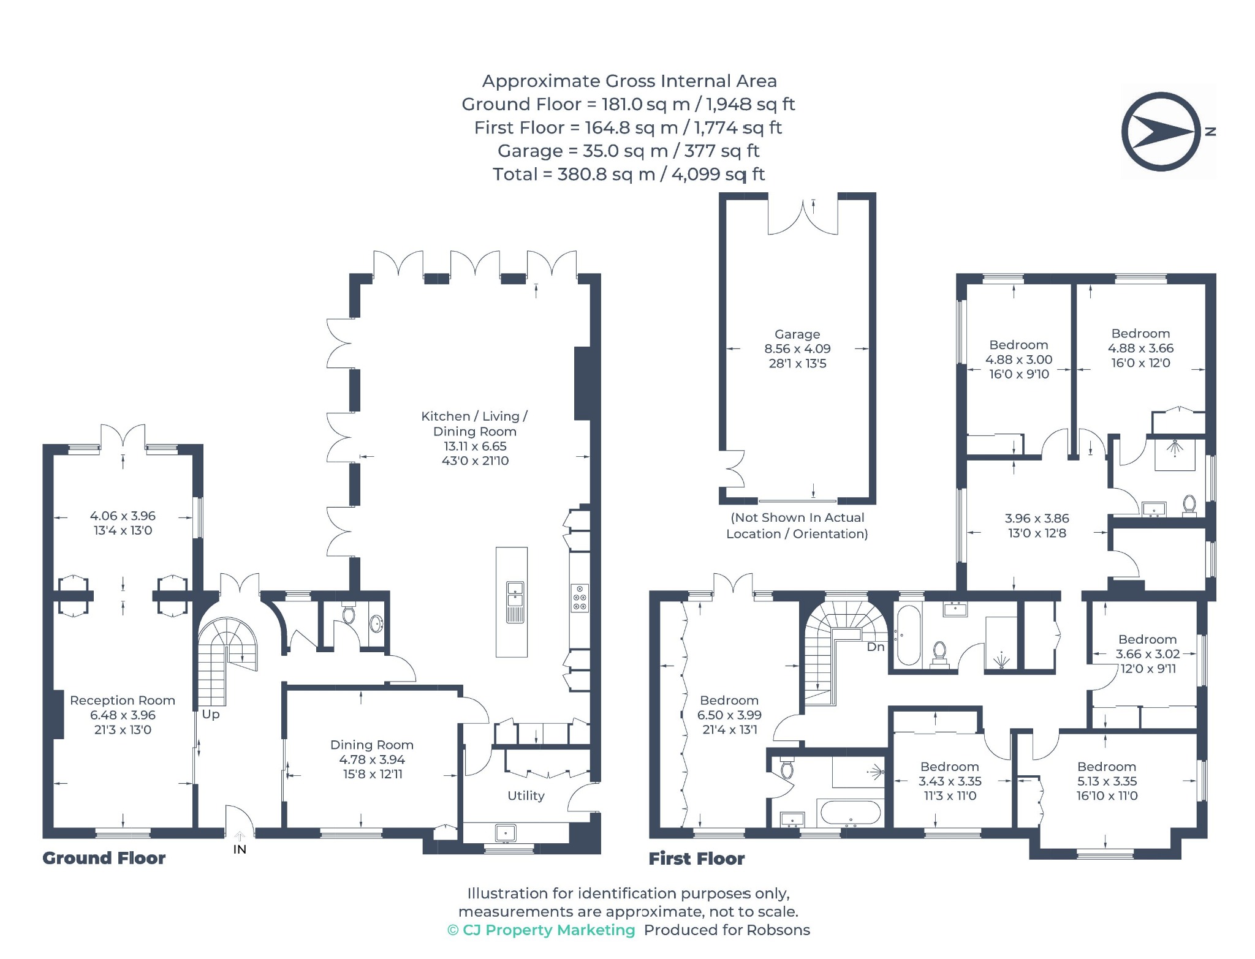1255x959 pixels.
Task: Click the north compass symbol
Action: [1161, 132]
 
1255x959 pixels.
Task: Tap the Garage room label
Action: [797, 334]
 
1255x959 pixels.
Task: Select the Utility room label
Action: [526, 795]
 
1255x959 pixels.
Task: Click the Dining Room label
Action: [372, 745]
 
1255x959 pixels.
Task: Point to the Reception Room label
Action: [123, 700]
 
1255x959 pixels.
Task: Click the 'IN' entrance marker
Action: [240, 849]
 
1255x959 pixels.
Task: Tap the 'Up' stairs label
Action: [211, 714]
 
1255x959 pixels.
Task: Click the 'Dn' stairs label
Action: [876, 647]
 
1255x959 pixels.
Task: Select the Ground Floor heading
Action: [104, 858]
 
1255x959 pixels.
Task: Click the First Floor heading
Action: [697, 859]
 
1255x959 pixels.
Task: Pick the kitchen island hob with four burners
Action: [580, 598]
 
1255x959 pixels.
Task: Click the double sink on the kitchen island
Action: [515, 602]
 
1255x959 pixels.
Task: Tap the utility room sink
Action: [506, 833]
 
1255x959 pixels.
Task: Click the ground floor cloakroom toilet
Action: [349, 614]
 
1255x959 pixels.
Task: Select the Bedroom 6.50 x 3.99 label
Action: [729, 700]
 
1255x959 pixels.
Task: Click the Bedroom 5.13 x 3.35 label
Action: [1107, 767]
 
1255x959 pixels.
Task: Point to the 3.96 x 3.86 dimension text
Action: [1037, 518]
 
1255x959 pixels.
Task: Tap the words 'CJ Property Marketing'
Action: [549, 930]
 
